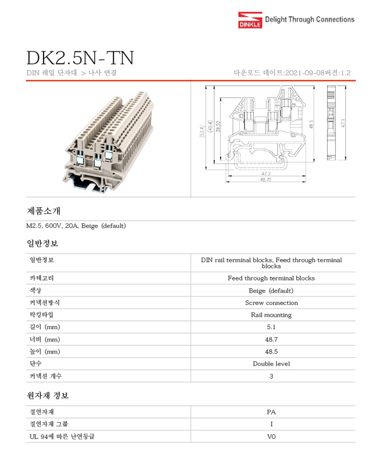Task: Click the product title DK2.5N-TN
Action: pos(80,58)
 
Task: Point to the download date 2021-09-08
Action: pos(306,73)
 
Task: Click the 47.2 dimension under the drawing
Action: pos(266,172)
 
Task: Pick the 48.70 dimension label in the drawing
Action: pos(266,179)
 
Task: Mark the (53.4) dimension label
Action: pos(201,131)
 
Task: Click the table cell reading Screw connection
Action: pos(271,303)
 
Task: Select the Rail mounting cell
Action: pos(271,315)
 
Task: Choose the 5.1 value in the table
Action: pos(271,327)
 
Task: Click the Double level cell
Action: pos(271,364)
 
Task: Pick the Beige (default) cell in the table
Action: pos(271,291)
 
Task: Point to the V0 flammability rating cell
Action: pos(271,437)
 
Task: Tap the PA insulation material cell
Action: pos(271,412)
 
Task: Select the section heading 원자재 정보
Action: pos(48,396)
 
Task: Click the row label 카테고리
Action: pos(42,278)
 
